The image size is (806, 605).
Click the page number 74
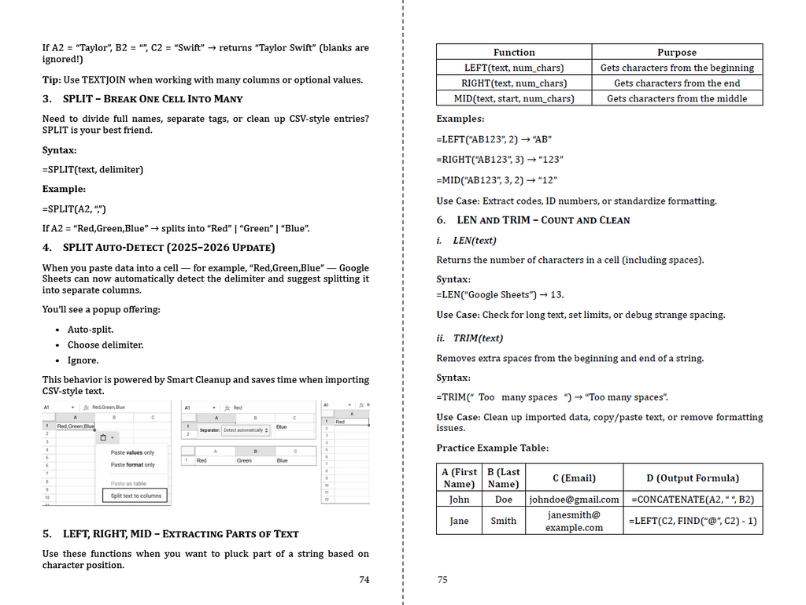pyautogui.click(x=364, y=580)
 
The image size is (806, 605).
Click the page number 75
pyautogui.click(x=442, y=580)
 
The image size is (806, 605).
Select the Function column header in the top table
pyautogui.click(x=514, y=53)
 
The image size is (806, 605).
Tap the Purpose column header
pyautogui.click(x=677, y=53)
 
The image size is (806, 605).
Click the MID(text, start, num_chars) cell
pyautogui.click(x=514, y=98)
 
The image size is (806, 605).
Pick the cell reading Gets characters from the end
pyautogui.click(x=677, y=83)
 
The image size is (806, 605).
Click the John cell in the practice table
pyautogui.click(x=459, y=500)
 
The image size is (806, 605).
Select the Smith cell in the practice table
pyautogui.click(x=504, y=520)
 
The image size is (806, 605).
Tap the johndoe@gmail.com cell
pyautogui.click(x=574, y=500)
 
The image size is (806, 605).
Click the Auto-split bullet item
pyautogui.click(x=91, y=330)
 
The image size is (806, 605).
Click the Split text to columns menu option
pyautogui.click(x=135, y=496)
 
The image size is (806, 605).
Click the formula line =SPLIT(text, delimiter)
pyautogui.click(x=93, y=169)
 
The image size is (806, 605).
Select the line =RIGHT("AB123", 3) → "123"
pyautogui.click(x=500, y=160)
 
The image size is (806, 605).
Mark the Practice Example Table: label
pyautogui.click(x=492, y=448)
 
